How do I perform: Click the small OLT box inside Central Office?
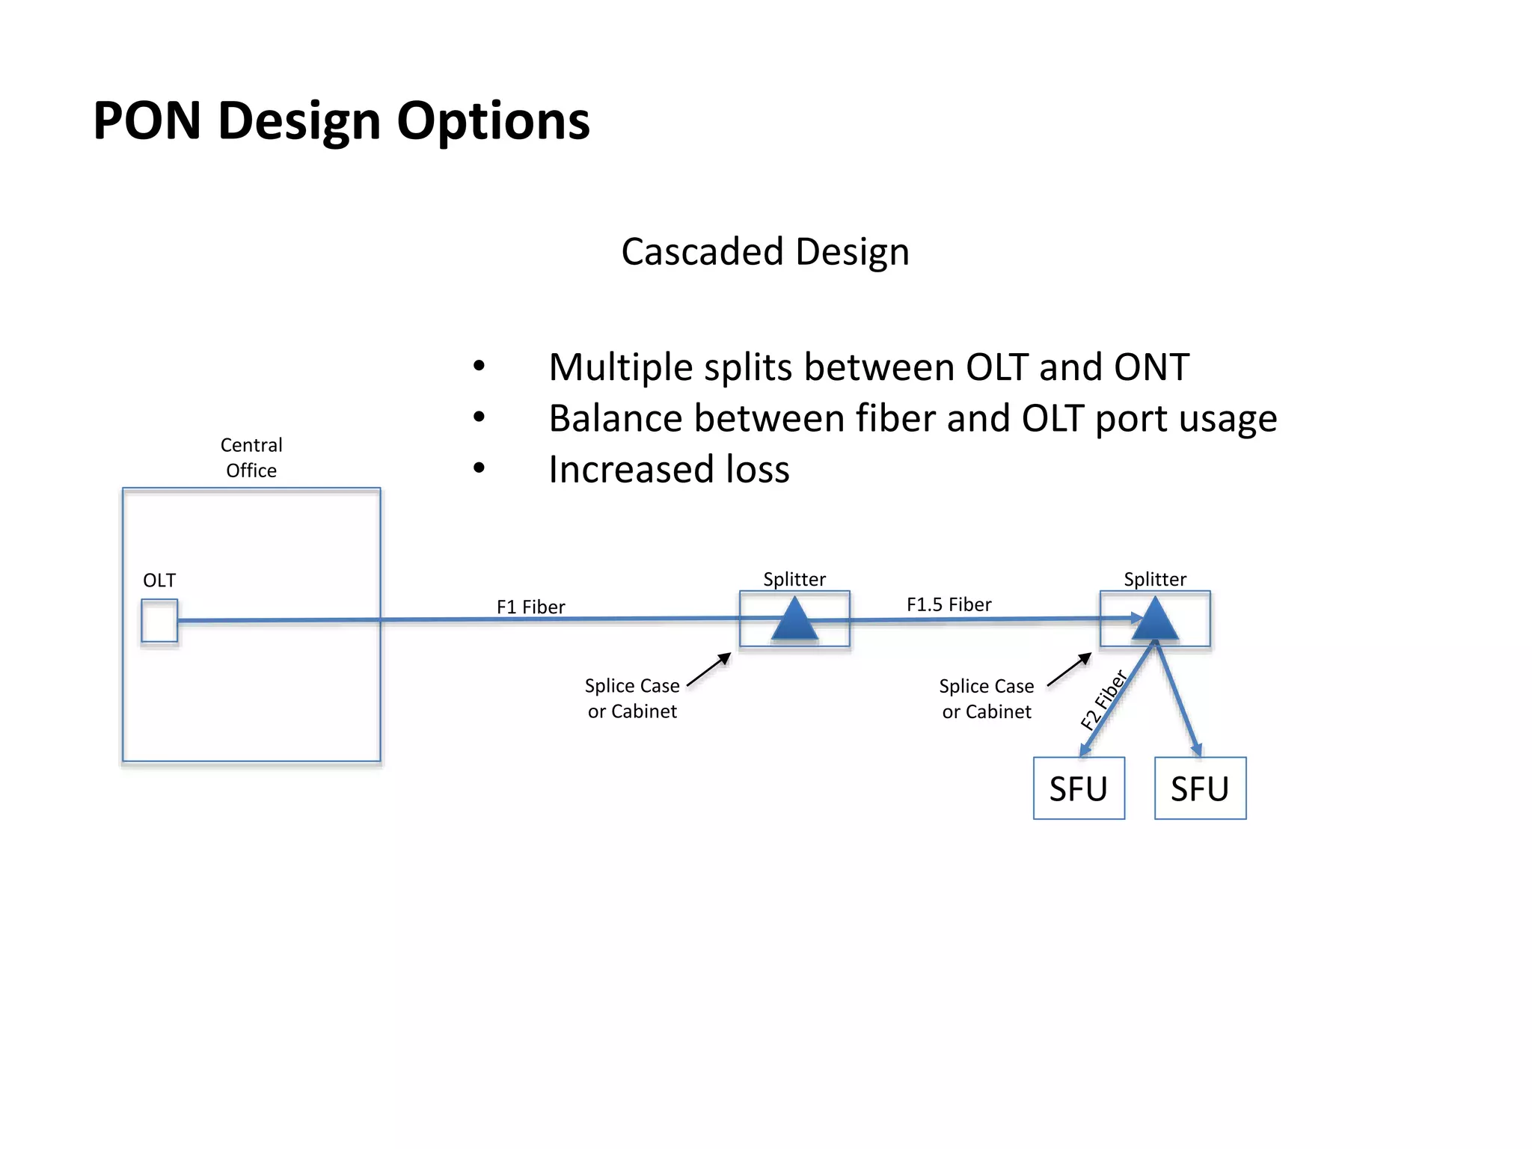coord(159,621)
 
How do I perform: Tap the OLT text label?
coord(159,580)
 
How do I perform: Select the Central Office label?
coord(251,457)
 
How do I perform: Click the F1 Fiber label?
coord(530,607)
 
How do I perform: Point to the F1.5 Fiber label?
coord(949,604)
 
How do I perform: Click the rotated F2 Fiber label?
coord(1104,700)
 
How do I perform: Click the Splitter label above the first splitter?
coord(794,579)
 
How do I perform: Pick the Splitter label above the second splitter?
coord(1155,579)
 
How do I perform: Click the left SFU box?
coord(1079,788)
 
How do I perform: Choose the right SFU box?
coord(1200,788)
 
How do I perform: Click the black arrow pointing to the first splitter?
coord(708,670)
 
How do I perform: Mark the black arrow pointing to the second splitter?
coord(1069,670)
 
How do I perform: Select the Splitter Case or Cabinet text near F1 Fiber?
coord(632,698)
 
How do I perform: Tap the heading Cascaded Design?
coord(765,251)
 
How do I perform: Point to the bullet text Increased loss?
coord(669,470)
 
